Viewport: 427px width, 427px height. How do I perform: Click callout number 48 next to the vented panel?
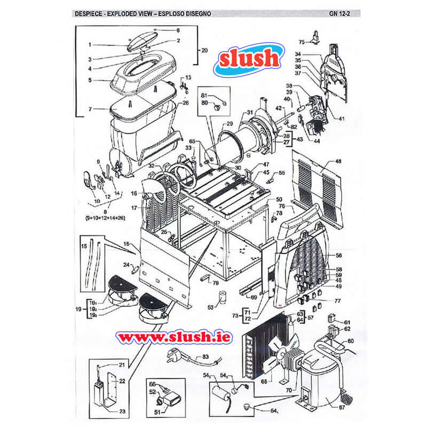(x=338, y=161)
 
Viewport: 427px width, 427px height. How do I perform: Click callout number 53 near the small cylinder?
(x=210, y=307)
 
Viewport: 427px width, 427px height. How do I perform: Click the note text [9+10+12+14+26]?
(x=113, y=218)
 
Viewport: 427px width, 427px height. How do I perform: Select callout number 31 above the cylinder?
(x=249, y=113)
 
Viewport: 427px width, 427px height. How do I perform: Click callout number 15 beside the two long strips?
(x=84, y=247)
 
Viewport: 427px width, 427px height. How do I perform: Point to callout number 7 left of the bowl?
(x=90, y=109)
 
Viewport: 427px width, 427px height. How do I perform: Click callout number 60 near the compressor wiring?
(x=350, y=340)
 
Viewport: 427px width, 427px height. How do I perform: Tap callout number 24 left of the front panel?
(x=126, y=264)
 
